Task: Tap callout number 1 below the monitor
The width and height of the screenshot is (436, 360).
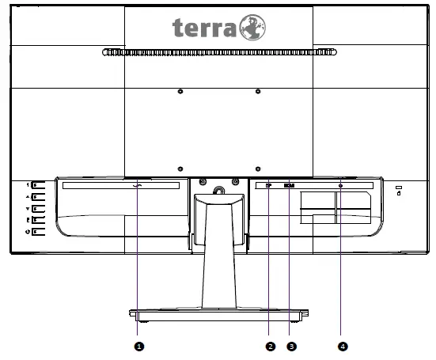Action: (139, 346)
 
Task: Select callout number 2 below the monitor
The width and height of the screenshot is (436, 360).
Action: (271, 346)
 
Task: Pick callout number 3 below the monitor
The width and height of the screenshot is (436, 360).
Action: (291, 346)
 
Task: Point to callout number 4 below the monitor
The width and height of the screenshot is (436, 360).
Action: (342, 346)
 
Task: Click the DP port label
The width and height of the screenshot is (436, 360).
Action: (269, 187)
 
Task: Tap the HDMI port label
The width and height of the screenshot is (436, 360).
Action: (289, 187)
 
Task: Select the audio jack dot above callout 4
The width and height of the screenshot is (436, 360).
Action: (341, 187)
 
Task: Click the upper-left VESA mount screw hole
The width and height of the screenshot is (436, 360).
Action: (180, 93)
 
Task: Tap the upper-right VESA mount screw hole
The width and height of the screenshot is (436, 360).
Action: (258, 93)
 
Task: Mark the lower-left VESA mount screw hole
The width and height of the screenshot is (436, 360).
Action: (180, 169)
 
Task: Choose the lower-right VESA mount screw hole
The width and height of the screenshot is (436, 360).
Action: (258, 169)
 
